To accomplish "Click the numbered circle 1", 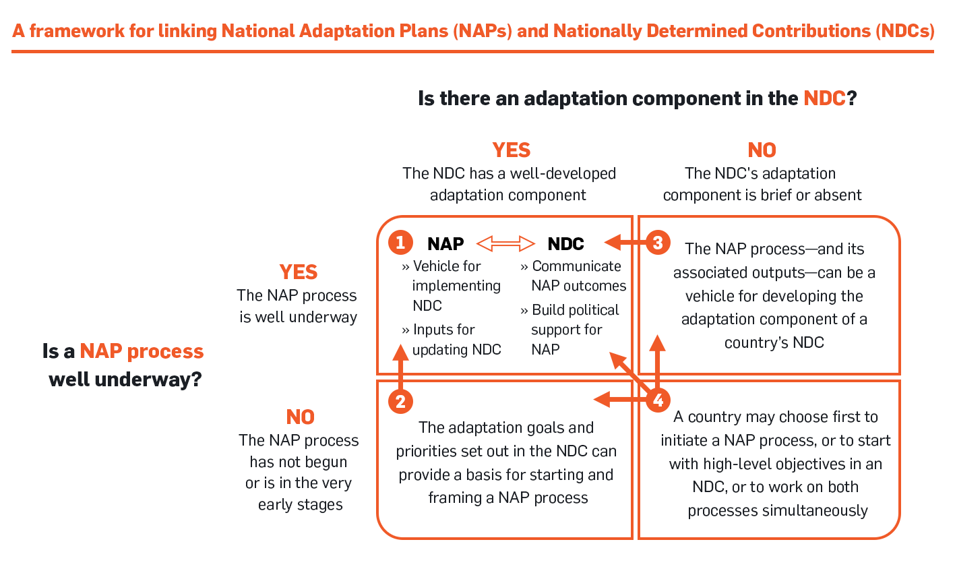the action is point(400,242).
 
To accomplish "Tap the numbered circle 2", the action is point(400,401).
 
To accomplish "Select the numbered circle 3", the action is point(658,242).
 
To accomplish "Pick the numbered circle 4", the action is point(658,400).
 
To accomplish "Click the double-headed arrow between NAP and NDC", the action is point(505,243).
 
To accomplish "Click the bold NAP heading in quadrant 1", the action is point(445,244).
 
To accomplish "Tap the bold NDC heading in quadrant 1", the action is point(565,244).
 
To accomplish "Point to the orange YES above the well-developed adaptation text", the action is point(511,150).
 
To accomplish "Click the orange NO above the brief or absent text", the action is point(762,150).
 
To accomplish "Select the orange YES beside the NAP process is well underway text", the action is point(299,272).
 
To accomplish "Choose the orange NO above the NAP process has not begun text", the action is point(300,417).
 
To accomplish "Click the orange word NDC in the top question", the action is point(824,98).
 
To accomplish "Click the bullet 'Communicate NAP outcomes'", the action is point(574,276).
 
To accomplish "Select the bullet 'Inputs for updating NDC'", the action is point(451,339).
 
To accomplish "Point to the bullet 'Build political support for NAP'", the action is point(569,330).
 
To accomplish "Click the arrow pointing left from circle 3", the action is point(625,243).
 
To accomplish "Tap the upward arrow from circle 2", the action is point(400,367).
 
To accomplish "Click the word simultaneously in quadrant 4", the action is point(778,511).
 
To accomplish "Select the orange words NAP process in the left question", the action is point(142,352).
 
